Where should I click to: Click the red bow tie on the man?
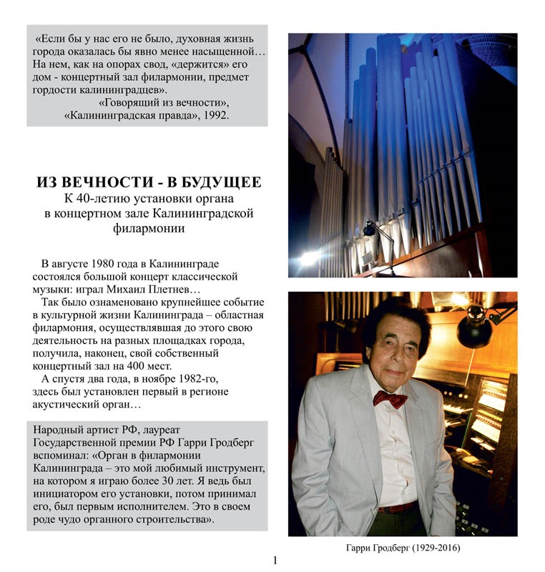(390, 398)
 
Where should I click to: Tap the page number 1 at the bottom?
(275, 560)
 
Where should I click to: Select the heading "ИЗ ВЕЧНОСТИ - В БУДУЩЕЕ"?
(148, 182)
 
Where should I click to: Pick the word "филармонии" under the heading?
(148, 228)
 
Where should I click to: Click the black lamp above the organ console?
(477, 325)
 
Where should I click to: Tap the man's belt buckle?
(389, 508)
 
